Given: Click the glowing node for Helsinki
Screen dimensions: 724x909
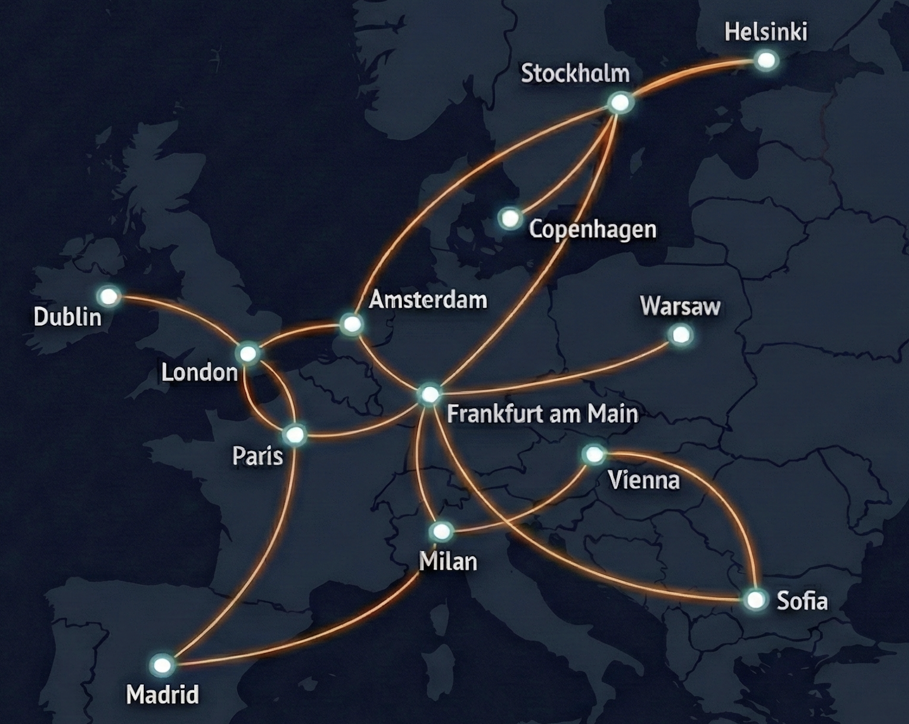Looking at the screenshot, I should [766, 60].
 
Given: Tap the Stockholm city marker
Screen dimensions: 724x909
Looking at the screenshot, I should [621, 103].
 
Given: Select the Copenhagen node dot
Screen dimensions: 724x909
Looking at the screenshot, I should [510, 218].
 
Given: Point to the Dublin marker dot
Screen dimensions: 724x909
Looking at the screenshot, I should [109, 297].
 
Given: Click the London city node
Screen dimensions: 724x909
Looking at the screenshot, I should [248, 353].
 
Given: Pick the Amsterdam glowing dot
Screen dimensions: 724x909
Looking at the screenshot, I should [351, 324].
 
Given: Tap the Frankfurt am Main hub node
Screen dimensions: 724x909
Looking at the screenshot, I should [430, 394].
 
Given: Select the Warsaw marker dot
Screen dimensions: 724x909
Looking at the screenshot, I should [681, 334].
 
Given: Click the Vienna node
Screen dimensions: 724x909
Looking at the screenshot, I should [594, 454].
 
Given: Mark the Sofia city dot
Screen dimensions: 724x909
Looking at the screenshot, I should [754, 600].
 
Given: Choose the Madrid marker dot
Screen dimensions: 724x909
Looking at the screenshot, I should [162, 665].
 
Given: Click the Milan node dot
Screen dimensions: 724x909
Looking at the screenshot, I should [442, 531].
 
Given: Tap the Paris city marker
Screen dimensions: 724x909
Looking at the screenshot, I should [295, 435].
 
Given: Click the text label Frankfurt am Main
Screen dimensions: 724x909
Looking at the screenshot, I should [542, 414].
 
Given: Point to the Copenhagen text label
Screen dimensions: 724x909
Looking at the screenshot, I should [593, 229].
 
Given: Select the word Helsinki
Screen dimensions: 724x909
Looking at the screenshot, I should [766, 32].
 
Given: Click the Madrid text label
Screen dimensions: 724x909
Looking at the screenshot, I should [162, 694].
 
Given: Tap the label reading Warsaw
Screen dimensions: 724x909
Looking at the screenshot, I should [680, 306].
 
